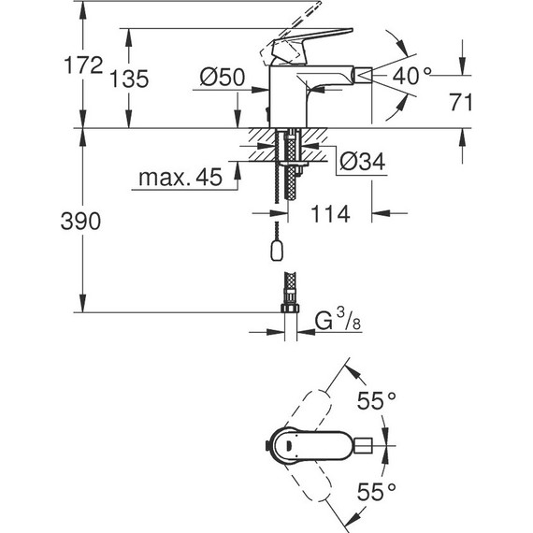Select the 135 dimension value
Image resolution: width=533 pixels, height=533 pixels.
(x=128, y=79)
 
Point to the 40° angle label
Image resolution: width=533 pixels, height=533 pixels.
(x=412, y=76)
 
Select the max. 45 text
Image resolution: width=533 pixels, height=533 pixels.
(x=180, y=177)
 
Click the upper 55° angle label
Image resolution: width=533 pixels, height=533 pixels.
(x=378, y=402)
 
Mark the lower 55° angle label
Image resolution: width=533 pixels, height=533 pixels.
(x=378, y=488)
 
